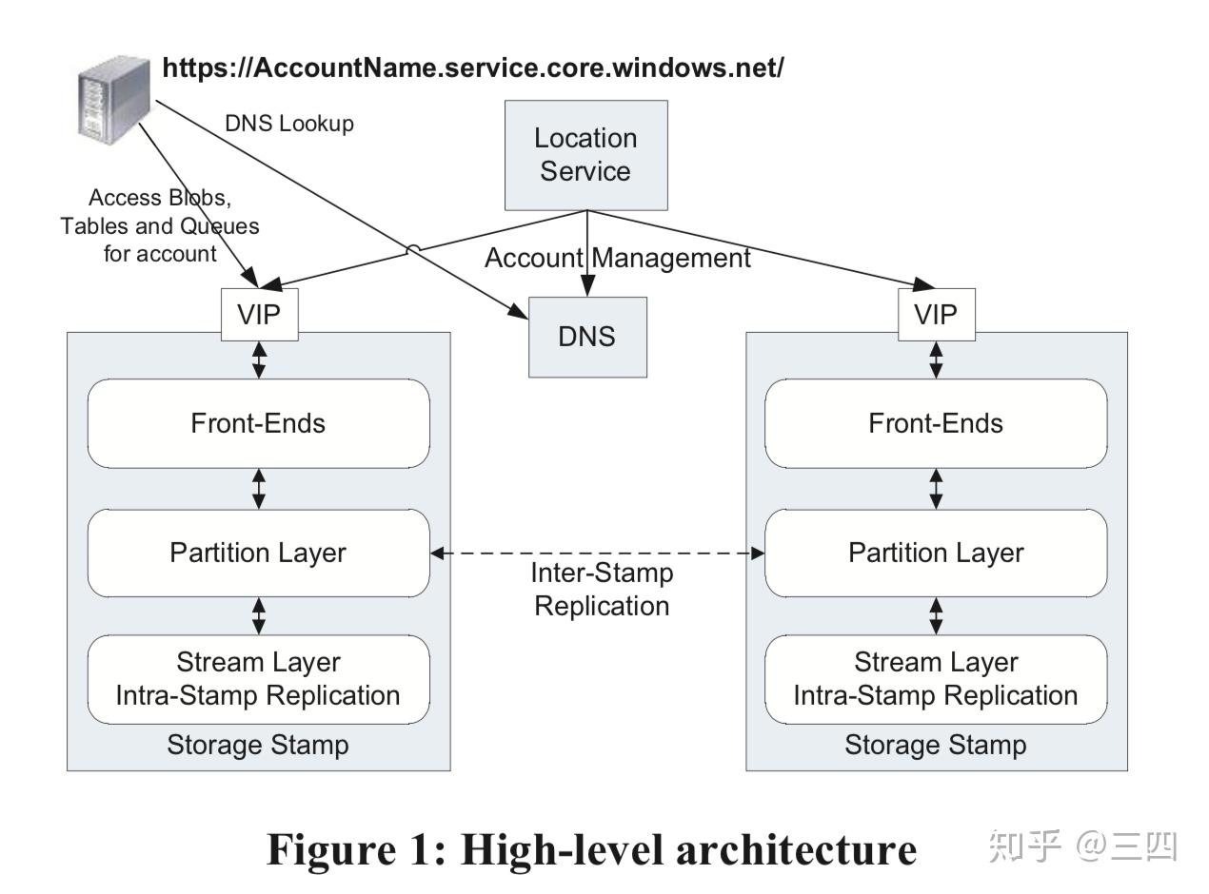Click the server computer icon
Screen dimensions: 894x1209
point(112,100)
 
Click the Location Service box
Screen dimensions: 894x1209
point(585,155)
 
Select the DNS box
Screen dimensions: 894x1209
point(587,337)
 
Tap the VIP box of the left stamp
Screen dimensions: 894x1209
point(260,315)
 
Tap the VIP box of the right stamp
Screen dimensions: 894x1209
point(936,315)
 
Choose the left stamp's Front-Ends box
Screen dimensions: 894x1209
point(258,423)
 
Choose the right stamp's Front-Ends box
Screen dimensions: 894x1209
point(936,423)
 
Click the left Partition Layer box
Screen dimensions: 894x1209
point(258,553)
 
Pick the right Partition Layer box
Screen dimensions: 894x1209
point(936,553)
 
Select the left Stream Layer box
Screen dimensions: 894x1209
point(258,679)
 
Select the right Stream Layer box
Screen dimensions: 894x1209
point(936,679)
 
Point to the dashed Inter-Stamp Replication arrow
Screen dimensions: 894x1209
point(598,553)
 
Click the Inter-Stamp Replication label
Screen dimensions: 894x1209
point(602,590)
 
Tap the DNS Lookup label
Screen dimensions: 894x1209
point(289,124)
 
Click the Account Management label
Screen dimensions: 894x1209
point(618,258)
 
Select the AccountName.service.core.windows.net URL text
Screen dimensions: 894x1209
point(473,68)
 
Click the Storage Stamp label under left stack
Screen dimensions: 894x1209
point(258,745)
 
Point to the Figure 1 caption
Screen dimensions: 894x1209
point(591,848)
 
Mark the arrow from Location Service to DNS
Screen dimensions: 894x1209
point(587,253)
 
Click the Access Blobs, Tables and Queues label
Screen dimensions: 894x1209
point(160,225)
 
